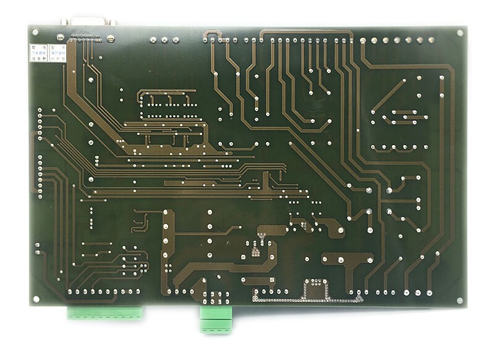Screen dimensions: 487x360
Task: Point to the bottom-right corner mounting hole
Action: click(x=460, y=300)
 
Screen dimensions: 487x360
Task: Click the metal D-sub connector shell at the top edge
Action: click(x=88, y=21)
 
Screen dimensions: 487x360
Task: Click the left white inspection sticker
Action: click(x=37, y=54)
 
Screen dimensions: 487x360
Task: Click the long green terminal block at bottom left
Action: click(x=105, y=312)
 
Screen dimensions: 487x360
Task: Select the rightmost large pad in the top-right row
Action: click(x=430, y=41)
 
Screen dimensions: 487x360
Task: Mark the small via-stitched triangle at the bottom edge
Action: click(x=356, y=298)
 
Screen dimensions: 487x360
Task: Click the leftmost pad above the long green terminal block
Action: click(x=70, y=291)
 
